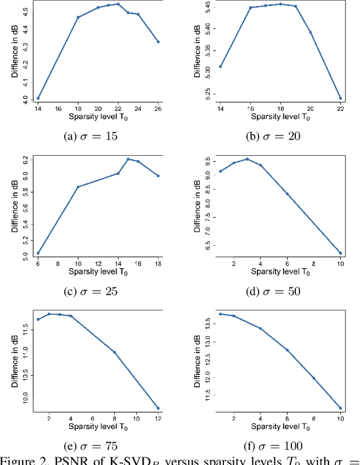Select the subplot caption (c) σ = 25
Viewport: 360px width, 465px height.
tap(89, 291)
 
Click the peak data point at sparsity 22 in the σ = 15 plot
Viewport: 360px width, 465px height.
tap(118, 4)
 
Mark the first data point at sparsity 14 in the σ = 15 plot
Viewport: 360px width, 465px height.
tap(38, 98)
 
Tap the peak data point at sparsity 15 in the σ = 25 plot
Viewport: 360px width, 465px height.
tap(128, 159)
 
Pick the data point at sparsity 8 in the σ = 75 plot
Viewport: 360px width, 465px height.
tap(114, 353)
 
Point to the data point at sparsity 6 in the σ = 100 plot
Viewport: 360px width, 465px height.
tap(287, 350)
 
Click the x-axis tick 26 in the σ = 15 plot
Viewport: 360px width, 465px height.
tap(158, 108)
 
